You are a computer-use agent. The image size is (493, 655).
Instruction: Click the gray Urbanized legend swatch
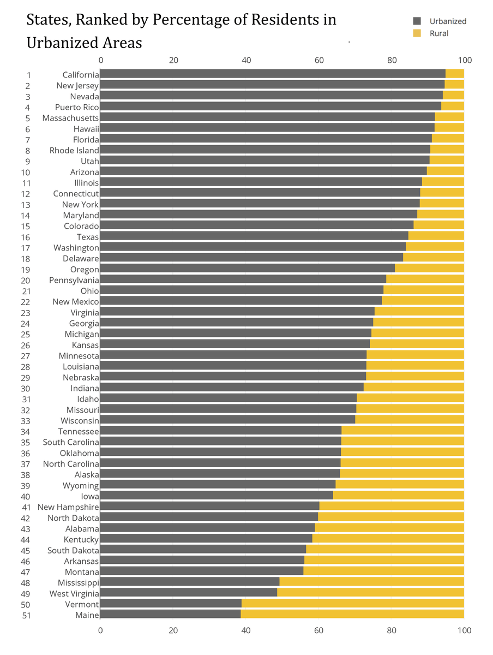pyautogui.click(x=417, y=21)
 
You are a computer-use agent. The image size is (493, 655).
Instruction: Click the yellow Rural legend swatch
pyautogui.click(x=417, y=33)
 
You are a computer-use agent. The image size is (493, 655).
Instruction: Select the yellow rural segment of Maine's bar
pyautogui.click(x=352, y=615)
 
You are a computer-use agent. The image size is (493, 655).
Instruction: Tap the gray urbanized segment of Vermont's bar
pyautogui.click(x=171, y=604)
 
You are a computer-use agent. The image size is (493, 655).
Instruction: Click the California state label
pyautogui.click(x=80, y=75)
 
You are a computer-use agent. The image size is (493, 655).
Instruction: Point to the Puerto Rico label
pyautogui.click(x=76, y=107)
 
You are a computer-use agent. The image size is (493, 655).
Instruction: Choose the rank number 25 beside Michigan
pyautogui.click(x=25, y=334)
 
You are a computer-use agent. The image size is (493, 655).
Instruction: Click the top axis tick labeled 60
pyautogui.click(x=319, y=60)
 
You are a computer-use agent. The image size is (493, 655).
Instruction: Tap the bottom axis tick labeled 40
pyautogui.click(x=246, y=630)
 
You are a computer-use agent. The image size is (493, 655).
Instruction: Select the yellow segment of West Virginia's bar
pyautogui.click(x=370, y=593)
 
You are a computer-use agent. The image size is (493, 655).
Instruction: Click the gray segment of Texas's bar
pyautogui.click(x=254, y=236)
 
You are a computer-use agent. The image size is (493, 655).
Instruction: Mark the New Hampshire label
pyautogui.click(x=68, y=507)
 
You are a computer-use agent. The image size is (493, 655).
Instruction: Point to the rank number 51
pyautogui.click(x=25, y=615)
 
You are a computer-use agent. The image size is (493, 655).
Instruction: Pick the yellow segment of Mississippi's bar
pyautogui.click(x=371, y=582)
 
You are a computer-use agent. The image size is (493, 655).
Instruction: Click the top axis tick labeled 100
pyautogui.click(x=464, y=60)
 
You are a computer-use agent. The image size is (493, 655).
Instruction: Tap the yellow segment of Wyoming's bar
pyautogui.click(x=399, y=485)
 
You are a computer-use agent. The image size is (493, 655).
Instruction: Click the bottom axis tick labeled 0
pyautogui.click(x=100, y=630)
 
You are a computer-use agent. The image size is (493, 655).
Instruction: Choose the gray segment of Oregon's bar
pyautogui.click(x=247, y=269)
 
